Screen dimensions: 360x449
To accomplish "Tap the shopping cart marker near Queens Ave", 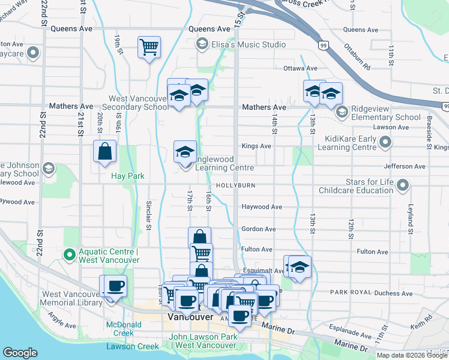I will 148,47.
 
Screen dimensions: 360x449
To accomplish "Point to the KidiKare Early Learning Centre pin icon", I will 385,142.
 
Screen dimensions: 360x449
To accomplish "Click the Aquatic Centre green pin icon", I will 70,255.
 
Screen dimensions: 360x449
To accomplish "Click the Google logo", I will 20,353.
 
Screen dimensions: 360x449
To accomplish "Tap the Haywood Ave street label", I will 262,207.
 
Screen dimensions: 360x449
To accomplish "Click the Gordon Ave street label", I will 258,229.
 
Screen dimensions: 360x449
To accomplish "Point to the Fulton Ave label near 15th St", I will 257,249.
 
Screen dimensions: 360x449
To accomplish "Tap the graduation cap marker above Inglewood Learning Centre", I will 185,151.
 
